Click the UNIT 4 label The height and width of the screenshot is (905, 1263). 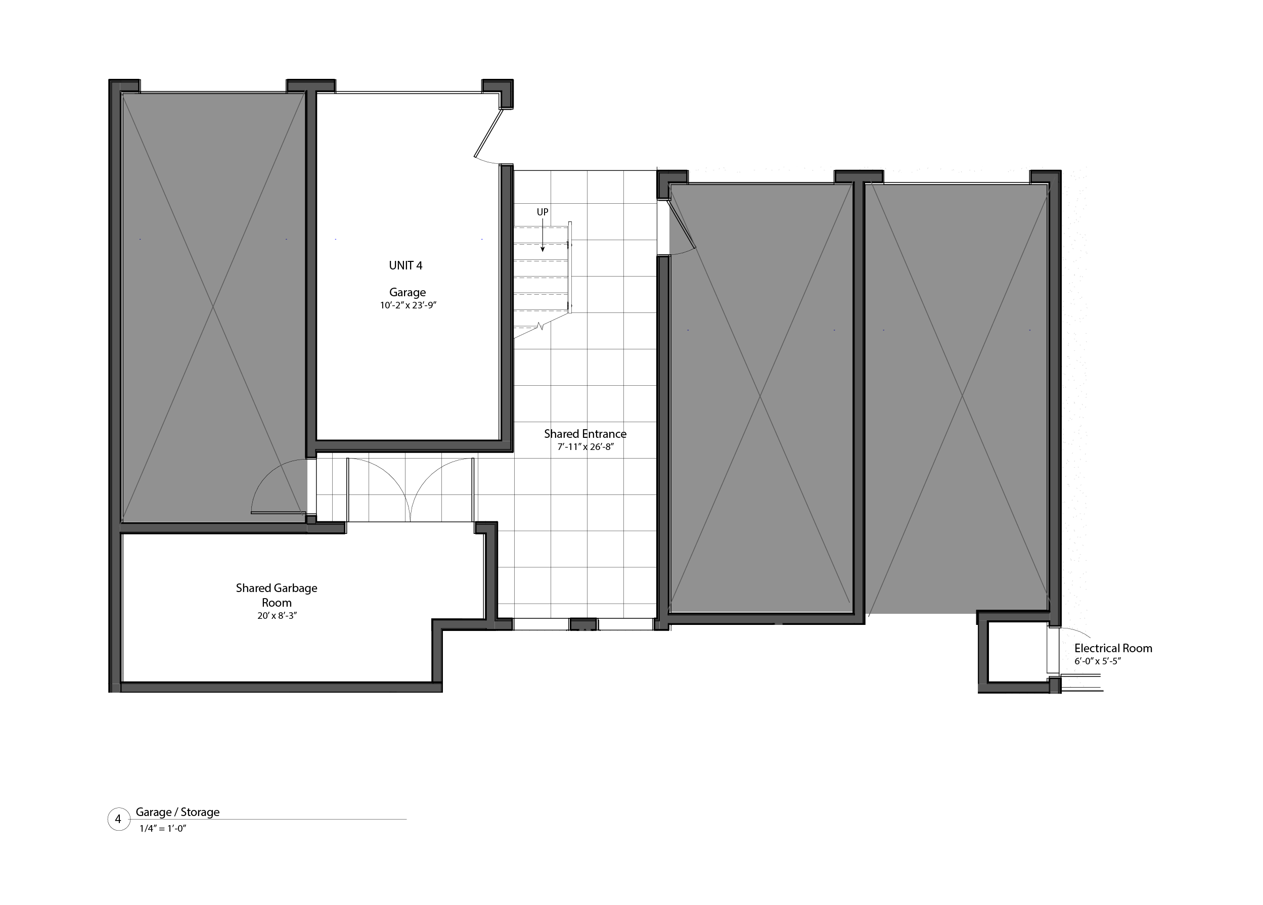pyautogui.click(x=405, y=265)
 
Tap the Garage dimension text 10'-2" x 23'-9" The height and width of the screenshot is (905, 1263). pyautogui.click(x=408, y=305)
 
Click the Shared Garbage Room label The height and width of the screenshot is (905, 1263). pyautogui.click(x=276, y=595)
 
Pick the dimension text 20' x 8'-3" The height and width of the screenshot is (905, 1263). pyautogui.click(x=277, y=616)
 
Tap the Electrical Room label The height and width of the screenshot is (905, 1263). pyautogui.click(x=1113, y=648)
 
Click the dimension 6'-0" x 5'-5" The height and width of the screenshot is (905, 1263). pyautogui.click(x=1097, y=662)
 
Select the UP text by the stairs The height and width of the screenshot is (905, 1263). pyautogui.click(x=543, y=212)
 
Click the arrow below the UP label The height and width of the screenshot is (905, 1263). pyautogui.click(x=543, y=237)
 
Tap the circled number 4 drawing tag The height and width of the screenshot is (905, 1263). pyautogui.click(x=118, y=819)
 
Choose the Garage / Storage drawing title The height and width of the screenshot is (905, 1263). pyautogui.click(x=177, y=812)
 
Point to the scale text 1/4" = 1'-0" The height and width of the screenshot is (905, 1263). pyautogui.click(x=163, y=829)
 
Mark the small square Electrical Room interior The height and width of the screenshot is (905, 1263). pyautogui.click(x=1017, y=652)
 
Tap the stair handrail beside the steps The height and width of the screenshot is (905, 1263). pyautogui.click(x=570, y=267)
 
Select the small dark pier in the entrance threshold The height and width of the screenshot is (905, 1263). pyautogui.click(x=583, y=624)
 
